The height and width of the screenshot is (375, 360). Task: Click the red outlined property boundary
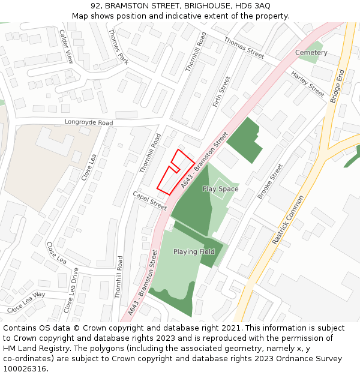174,173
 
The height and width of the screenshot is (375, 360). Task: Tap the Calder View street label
66,46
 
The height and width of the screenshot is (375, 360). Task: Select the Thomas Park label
118,47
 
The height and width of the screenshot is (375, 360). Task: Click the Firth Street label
222,92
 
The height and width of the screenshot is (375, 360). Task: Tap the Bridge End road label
337,86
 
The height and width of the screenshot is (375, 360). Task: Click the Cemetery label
311,53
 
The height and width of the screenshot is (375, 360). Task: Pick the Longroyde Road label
89,123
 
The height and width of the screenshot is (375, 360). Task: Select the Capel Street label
149,200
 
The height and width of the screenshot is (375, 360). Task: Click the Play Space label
220,189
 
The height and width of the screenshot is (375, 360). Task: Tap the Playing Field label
194,251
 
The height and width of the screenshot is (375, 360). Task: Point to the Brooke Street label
269,181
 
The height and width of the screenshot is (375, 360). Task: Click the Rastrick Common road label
288,220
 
